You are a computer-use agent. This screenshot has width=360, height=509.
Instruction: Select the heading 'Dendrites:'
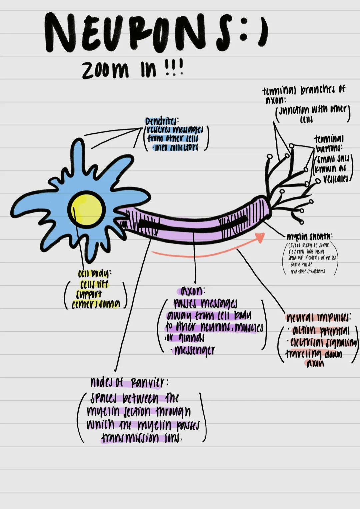click(162, 121)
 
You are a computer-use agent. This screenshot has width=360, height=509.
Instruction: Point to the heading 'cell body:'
click(94, 274)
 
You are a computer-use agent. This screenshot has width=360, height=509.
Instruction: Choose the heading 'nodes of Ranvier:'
click(128, 382)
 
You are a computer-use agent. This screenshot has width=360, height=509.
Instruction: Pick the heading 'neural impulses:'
click(318, 317)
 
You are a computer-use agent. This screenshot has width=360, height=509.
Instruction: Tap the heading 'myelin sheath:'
click(309, 236)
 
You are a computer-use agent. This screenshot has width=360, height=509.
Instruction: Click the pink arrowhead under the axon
click(259, 237)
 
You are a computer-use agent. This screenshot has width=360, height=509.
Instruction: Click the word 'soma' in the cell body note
click(108, 304)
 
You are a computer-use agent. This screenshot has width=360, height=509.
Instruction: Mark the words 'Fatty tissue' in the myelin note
click(301, 265)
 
